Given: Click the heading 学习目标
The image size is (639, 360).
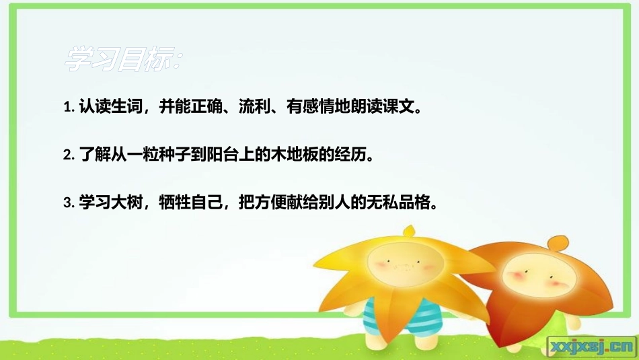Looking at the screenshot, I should point(121,60).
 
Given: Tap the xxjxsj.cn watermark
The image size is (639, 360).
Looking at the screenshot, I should point(591,346).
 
